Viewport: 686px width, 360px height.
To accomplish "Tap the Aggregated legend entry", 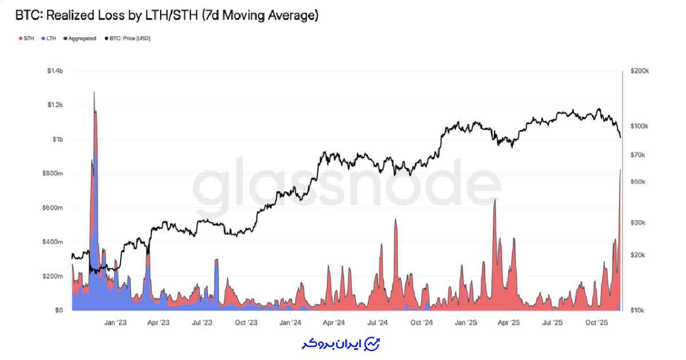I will [x=82, y=38].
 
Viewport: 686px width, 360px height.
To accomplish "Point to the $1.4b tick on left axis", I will [x=55, y=71].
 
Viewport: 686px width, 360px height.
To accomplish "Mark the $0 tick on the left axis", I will [x=59, y=310].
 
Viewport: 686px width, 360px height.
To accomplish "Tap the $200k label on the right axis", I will [x=639, y=71].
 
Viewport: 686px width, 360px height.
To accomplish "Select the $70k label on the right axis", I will [x=637, y=155].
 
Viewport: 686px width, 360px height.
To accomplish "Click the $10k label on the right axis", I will [x=637, y=310].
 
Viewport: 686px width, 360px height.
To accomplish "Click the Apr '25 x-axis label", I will [x=509, y=323].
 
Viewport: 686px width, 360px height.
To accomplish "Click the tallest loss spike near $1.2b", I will [x=94, y=93].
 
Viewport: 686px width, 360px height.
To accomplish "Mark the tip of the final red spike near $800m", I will [x=620, y=170].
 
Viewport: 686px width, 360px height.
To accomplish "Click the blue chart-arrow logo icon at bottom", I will [x=372, y=344].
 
